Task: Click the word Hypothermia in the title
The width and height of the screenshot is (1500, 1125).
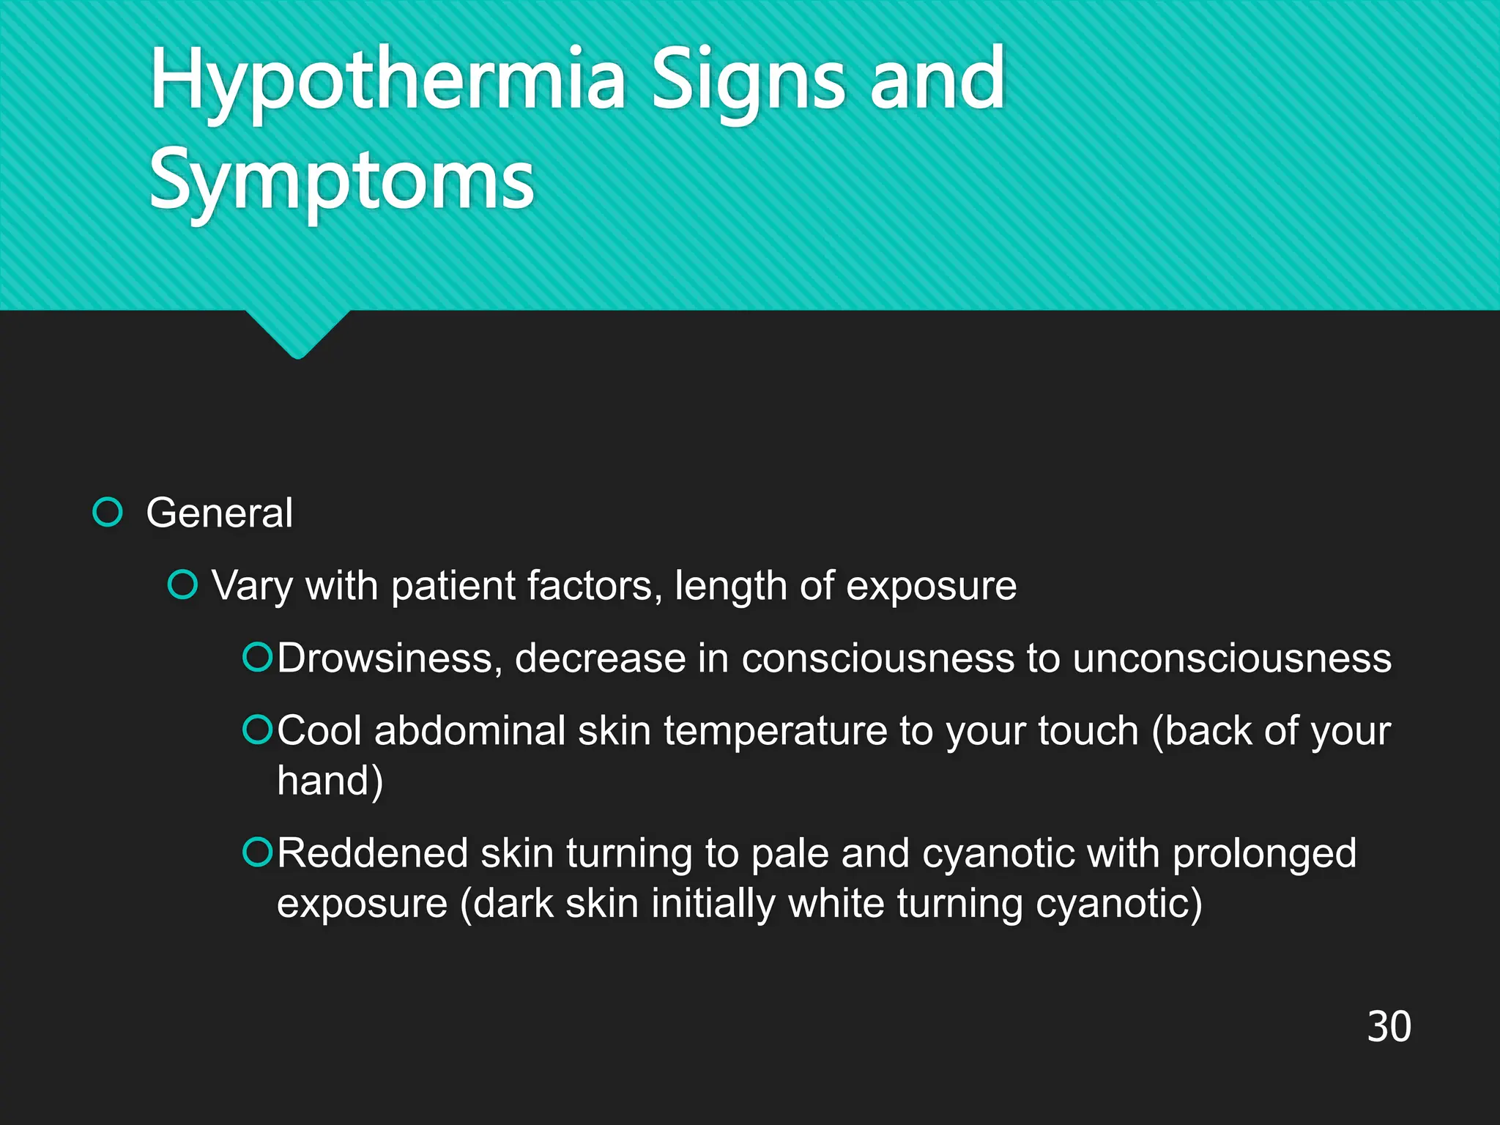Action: click(387, 81)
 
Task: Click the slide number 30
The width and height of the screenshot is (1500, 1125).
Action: click(1389, 1027)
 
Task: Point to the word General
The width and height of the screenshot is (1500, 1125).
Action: click(219, 513)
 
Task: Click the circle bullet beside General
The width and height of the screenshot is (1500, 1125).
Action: click(108, 512)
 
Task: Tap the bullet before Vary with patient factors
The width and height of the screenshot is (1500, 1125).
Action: click(182, 585)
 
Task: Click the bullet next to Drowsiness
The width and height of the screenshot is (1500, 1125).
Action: click(257, 657)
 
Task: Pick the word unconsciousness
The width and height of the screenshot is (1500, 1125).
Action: click(1232, 658)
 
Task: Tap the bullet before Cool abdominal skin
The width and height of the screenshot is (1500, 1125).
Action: click(257, 729)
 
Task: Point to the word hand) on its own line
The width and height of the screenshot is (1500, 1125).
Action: click(330, 781)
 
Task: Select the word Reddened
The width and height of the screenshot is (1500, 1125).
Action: click(372, 853)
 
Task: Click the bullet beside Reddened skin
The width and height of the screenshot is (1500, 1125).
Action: click(257, 852)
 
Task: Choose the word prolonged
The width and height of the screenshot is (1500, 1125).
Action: click(1264, 855)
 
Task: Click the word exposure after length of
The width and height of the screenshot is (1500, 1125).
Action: click(931, 587)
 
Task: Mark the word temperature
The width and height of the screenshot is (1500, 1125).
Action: click(775, 732)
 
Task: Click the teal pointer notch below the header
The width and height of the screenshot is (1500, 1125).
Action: click(297, 333)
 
